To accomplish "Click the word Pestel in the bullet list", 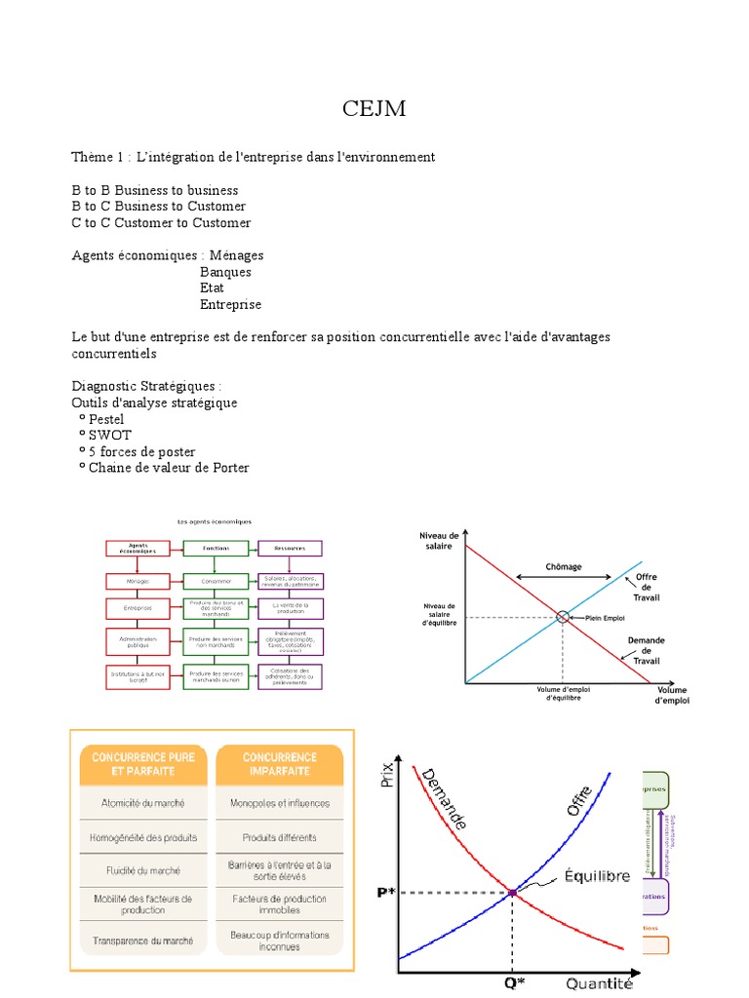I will coord(106,419).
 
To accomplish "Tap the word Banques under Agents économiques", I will coord(225,272).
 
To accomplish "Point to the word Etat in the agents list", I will coord(212,288).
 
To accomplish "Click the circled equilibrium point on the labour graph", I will coord(563,617).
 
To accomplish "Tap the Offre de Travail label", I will coord(647,587).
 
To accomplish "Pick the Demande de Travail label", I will coord(646,650).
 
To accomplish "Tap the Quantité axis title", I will coord(599,984).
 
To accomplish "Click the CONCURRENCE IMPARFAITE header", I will coord(280,763).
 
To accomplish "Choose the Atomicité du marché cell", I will coord(143,804).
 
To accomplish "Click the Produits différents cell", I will coord(280,837).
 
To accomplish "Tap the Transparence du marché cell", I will coord(143,941).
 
